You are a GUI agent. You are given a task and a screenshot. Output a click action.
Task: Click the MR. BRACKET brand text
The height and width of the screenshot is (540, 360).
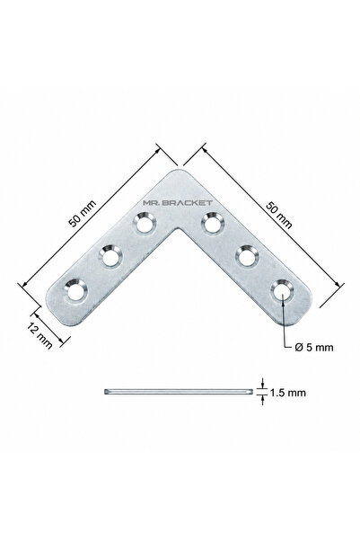pyautogui.click(x=178, y=203)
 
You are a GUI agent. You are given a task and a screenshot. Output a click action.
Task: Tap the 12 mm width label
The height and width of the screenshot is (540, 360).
pyautogui.click(x=40, y=336)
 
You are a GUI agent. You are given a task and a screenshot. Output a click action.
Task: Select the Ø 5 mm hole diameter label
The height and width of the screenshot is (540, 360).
pyautogui.click(x=314, y=347)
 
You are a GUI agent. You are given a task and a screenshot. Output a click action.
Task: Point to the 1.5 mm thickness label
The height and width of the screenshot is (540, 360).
pyautogui.click(x=287, y=393)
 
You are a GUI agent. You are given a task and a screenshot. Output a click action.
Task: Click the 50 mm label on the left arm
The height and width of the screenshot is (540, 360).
pyautogui.click(x=83, y=214)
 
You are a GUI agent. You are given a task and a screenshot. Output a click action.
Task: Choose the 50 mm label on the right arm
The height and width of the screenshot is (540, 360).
pyautogui.click(x=279, y=216)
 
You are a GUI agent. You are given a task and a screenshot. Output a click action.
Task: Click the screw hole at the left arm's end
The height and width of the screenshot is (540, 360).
pyautogui.click(x=75, y=292)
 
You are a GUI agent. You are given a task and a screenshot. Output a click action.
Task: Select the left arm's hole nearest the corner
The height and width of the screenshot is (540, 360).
pyautogui.click(x=145, y=224)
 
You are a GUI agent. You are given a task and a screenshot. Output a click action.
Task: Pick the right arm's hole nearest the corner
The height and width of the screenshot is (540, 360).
pyautogui.click(x=213, y=224)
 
